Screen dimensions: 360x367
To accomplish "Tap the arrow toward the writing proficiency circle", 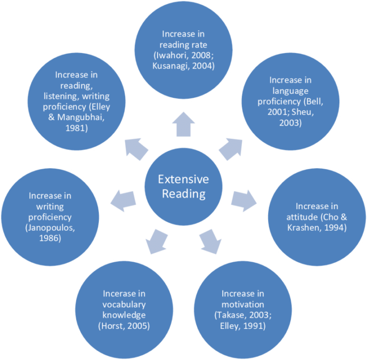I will (x=123, y=200).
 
